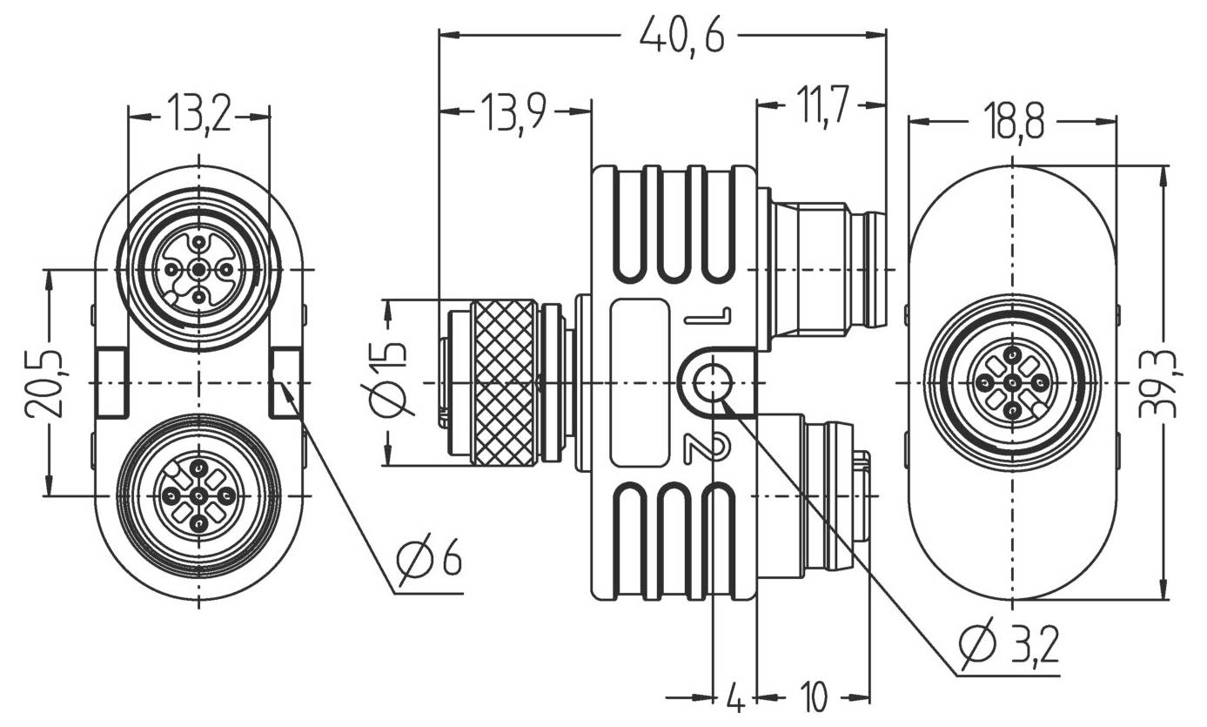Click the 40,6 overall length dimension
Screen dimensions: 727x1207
point(681,36)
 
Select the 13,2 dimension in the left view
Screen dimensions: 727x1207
point(199,116)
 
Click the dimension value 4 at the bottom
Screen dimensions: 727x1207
point(734,697)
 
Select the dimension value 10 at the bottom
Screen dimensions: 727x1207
point(812,697)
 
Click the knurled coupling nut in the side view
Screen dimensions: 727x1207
point(504,383)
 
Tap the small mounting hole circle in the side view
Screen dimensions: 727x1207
point(713,382)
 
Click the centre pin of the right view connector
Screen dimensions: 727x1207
point(1013,383)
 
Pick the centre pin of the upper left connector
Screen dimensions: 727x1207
point(199,271)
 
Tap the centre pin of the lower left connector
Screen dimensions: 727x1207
point(199,496)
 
